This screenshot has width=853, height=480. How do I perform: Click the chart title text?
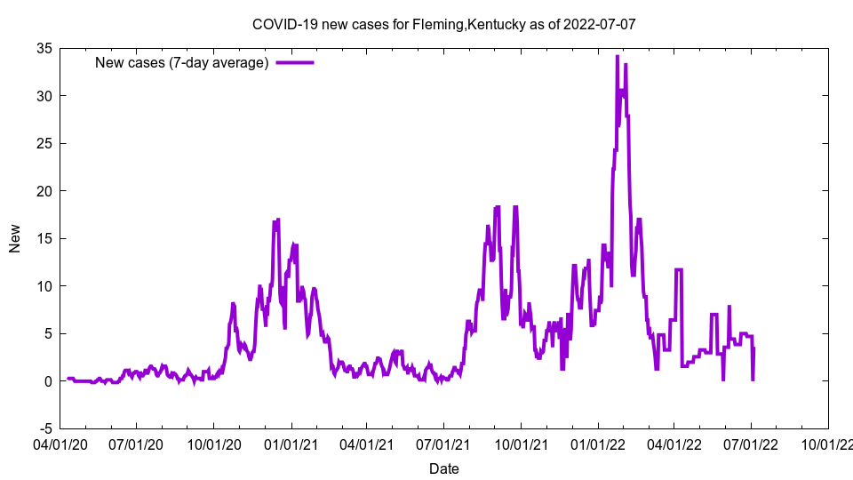(443, 24)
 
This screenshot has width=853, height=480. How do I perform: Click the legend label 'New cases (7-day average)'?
(182, 62)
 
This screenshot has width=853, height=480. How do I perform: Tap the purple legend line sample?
(295, 62)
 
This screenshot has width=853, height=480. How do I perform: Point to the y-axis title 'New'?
(15, 238)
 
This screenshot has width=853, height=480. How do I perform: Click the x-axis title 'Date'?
(443, 468)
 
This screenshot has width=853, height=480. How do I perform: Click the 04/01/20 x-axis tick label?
(60, 443)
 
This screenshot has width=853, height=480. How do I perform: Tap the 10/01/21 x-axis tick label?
(521, 443)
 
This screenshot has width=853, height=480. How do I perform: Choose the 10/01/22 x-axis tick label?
(828, 443)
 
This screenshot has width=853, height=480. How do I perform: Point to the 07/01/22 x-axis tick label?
(751, 443)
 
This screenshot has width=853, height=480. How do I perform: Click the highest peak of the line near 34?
(617, 57)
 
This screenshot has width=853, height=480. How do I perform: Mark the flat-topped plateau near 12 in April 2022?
(679, 269)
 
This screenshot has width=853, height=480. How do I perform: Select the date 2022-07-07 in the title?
(600, 24)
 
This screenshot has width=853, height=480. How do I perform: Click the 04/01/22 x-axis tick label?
(674, 443)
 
